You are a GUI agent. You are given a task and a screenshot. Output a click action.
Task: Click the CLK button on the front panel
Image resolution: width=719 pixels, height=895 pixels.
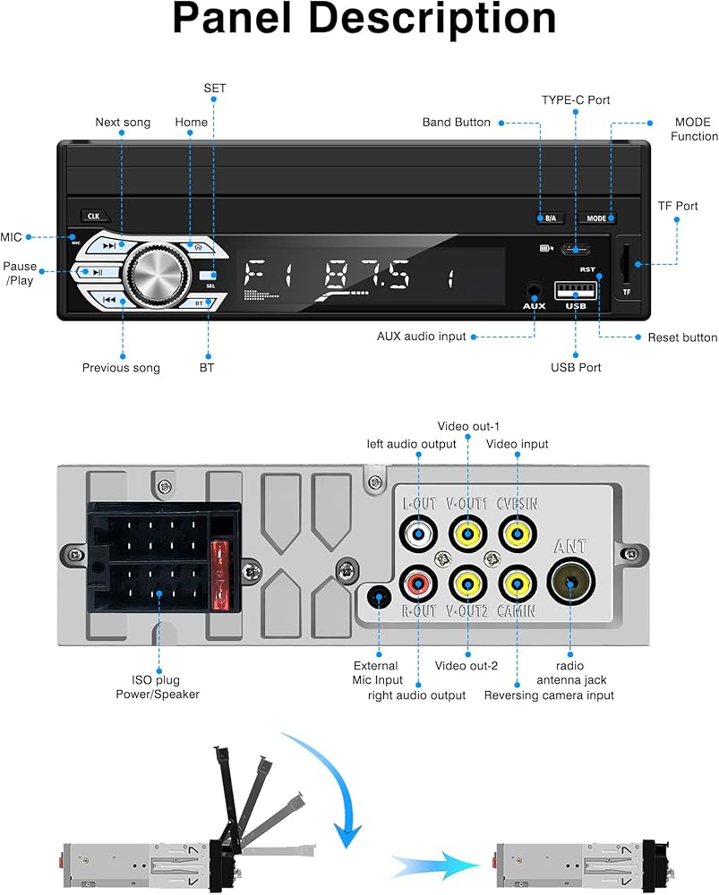(x=94, y=217)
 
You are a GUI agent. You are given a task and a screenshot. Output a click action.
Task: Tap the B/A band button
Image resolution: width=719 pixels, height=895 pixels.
(x=550, y=218)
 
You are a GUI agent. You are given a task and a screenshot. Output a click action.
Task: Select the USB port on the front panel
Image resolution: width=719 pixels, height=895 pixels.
(x=576, y=291)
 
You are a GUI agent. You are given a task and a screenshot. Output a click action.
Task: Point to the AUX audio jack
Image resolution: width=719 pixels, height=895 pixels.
(x=534, y=291)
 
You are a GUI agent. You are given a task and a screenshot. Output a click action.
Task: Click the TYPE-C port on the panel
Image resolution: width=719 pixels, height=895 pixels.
(x=576, y=250)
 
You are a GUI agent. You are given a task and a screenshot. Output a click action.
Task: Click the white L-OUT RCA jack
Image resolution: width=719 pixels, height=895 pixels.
(x=419, y=534)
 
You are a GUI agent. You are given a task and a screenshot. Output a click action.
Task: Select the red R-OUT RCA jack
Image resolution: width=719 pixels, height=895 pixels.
(x=419, y=584)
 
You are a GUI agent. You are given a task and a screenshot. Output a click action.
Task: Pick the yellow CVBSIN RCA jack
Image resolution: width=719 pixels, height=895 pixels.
(x=518, y=534)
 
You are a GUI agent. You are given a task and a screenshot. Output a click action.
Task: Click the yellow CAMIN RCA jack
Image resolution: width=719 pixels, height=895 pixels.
(x=518, y=584)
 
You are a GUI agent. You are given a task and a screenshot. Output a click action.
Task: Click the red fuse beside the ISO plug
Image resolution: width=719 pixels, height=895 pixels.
(x=220, y=575)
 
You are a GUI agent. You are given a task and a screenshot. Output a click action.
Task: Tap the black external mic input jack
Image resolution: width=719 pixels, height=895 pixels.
(x=379, y=598)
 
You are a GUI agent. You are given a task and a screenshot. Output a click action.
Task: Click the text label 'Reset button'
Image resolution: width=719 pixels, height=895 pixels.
(x=682, y=337)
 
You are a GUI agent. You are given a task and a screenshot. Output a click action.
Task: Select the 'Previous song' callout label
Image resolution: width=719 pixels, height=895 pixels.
(x=121, y=368)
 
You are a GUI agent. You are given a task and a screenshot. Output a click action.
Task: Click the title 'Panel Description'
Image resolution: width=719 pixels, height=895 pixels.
(x=364, y=20)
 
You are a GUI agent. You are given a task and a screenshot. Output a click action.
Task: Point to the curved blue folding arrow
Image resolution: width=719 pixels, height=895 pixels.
(x=333, y=771)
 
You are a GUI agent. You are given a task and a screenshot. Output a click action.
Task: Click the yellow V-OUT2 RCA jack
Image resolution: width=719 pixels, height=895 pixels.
(x=468, y=584)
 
